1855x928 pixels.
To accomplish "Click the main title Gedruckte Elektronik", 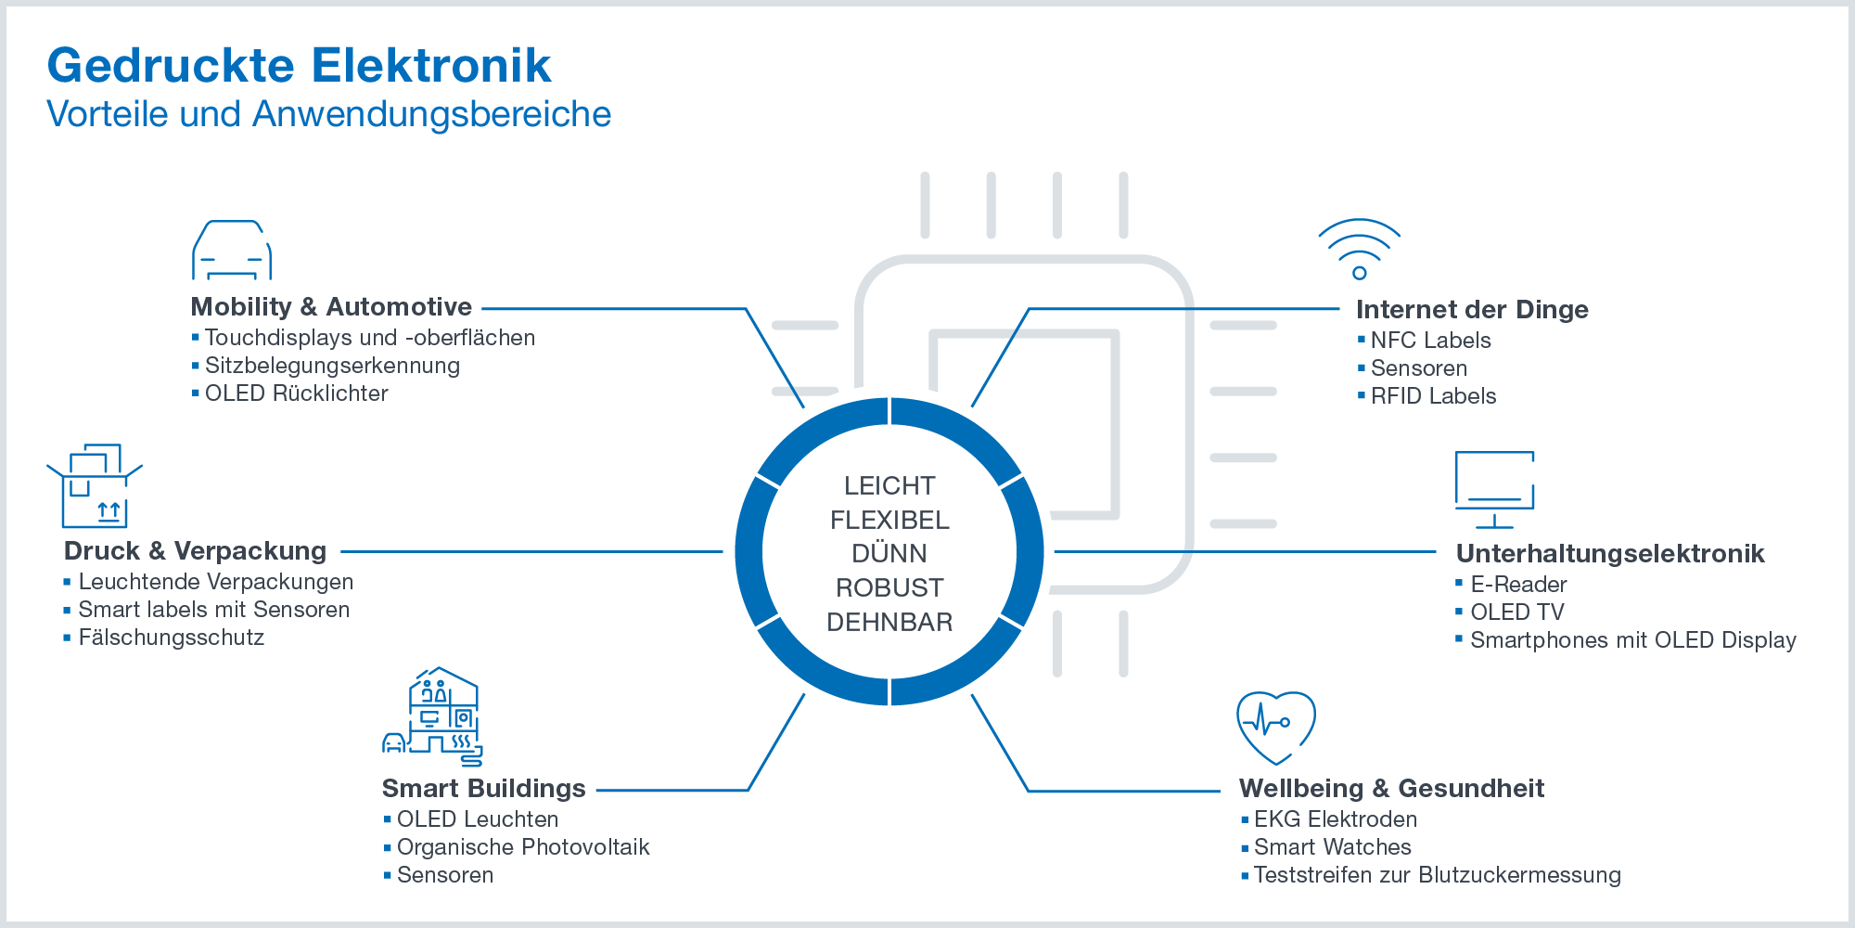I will coord(299,66).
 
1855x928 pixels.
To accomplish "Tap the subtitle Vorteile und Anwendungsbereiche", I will coord(328,114).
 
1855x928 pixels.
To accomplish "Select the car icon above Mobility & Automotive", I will coord(232,250).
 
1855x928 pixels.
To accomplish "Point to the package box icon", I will coord(94,486).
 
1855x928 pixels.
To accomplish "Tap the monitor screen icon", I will coord(1494,489).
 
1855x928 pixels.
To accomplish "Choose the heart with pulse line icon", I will coord(1276,726).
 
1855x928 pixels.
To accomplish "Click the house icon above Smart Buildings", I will coord(433,715).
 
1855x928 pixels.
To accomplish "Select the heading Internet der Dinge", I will coord(1472,310).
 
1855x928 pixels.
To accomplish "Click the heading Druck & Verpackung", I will coord(195,551).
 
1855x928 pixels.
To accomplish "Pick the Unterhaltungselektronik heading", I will coord(1610,554).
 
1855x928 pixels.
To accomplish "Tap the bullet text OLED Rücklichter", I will coord(296,393).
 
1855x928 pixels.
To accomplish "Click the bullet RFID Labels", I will coord(1433,396).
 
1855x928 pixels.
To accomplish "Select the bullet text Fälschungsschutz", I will coord(172,638).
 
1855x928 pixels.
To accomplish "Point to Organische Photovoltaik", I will coord(523,847).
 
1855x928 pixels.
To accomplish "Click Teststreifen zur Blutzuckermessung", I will coord(1437,875).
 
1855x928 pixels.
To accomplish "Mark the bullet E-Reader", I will coord(1518,585).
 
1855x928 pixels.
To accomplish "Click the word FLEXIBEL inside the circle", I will coord(889,520).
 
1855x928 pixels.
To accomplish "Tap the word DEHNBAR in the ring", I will coord(889,622).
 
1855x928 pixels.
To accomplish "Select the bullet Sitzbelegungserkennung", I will coord(332,366).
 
